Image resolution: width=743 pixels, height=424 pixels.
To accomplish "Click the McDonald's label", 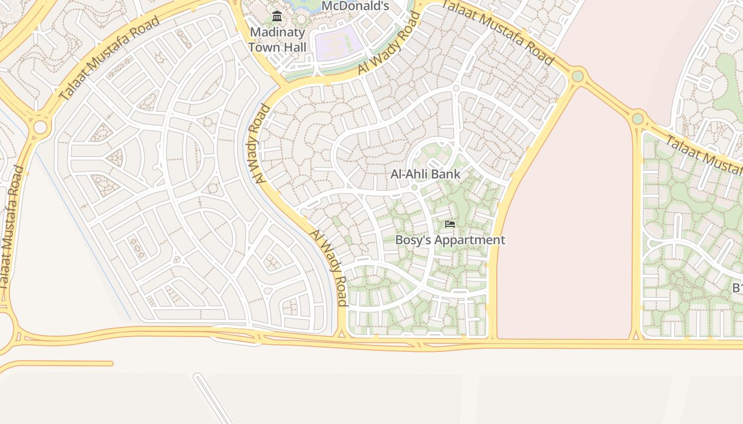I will pyautogui.click(x=355, y=6).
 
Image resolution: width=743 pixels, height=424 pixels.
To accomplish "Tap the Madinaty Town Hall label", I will pyautogui.click(x=277, y=39).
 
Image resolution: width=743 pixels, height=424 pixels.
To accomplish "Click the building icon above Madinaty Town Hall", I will pyautogui.click(x=277, y=16).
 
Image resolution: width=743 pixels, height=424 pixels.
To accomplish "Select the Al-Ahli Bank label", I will pyautogui.click(x=425, y=174).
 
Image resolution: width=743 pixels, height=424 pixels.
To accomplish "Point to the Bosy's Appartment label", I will pyautogui.click(x=450, y=240).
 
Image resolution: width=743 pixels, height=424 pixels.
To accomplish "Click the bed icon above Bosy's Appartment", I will pyautogui.click(x=450, y=224).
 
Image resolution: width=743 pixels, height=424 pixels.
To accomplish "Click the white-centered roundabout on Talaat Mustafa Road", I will pyautogui.click(x=40, y=128).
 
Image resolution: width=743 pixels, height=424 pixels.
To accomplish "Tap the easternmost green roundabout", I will pyautogui.click(x=638, y=118).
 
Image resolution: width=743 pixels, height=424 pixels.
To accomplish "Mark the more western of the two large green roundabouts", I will pyautogui.click(x=578, y=76).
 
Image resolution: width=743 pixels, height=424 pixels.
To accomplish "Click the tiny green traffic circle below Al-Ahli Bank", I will pyautogui.click(x=414, y=188).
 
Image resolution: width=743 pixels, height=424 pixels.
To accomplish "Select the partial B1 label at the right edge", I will pyautogui.click(x=737, y=288).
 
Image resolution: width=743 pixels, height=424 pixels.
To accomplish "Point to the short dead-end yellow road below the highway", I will pyautogui.click(x=58, y=364).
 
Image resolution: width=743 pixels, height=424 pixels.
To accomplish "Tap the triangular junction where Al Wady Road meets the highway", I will pyautogui.click(x=341, y=332).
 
